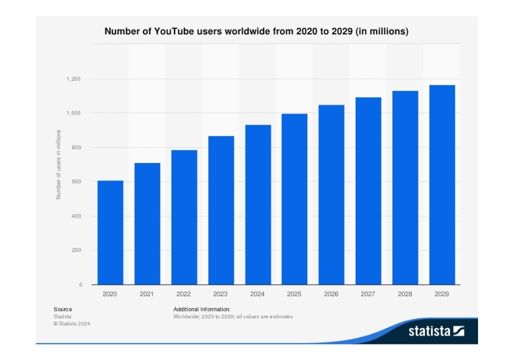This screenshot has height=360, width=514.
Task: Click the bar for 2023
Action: (x=221, y=210)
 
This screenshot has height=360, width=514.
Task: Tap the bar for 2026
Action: (x=332, y=195)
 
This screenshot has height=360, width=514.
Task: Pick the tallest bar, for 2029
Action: (x=442, y=185)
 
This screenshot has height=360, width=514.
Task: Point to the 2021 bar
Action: (x=147, y=224)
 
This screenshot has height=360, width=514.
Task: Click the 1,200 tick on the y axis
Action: (x=74, y=79)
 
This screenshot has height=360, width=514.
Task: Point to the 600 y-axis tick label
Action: (x=77, y=182)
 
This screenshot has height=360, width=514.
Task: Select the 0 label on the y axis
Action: (x=81, y=284)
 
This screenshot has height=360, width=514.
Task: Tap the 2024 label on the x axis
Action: (x=258, y=294)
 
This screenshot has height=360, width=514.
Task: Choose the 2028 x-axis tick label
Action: (x=405, y=294)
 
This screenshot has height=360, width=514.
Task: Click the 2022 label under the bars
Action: (x=183, y=294)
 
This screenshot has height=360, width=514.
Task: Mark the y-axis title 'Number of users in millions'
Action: (x=59, y=165)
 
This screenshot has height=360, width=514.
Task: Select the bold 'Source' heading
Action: (x=63, y=309)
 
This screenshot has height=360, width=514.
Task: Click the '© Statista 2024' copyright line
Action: (x=71, y=323)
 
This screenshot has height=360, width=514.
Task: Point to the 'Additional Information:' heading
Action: (x=202, y=309)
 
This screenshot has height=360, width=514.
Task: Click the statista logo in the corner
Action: (x=436, y=331)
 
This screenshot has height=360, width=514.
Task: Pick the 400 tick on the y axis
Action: (x=77, y=216)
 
